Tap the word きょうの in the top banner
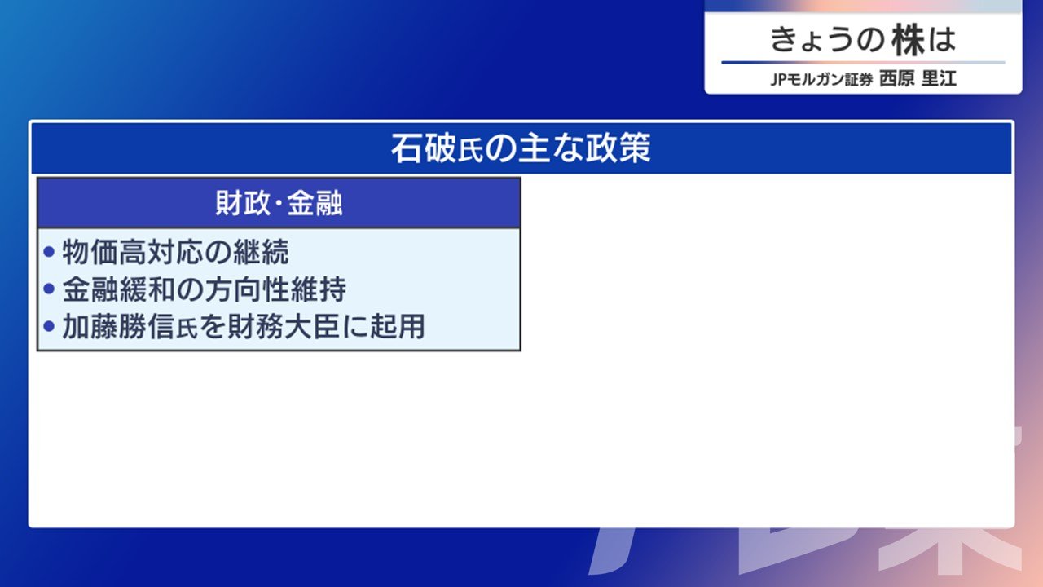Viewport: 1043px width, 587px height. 827,40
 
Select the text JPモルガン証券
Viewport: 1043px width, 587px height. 821,79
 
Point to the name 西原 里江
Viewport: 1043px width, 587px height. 918,78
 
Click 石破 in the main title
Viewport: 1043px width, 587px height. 424,148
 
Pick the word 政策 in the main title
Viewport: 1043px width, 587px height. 618,148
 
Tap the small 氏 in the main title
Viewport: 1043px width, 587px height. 471,152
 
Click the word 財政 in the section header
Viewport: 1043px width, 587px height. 243,203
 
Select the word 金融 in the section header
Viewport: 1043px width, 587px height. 315,203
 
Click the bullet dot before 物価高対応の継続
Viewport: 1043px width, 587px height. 49,252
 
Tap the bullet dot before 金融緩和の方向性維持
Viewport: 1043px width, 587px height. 49,289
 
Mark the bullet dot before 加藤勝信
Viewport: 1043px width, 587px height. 49,325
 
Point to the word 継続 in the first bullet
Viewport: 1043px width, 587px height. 262,252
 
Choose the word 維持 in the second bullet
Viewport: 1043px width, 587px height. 318,289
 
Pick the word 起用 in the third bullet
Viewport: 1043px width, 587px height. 397,326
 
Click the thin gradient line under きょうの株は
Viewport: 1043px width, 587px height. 863,62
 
